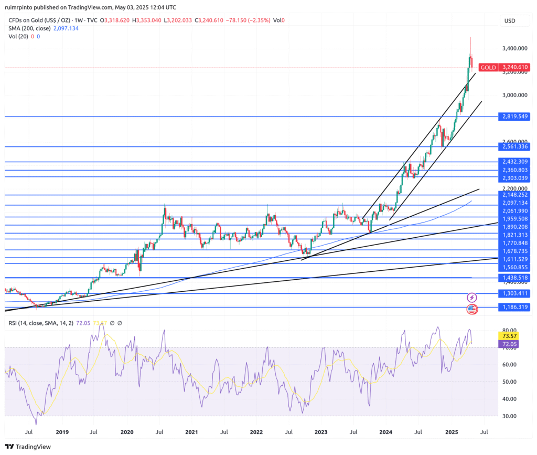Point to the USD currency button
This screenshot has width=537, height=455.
click(x=509, y=21)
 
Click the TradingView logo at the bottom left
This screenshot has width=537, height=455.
click(x=30, y=447)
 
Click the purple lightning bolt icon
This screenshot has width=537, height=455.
click(x=471, y=298)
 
